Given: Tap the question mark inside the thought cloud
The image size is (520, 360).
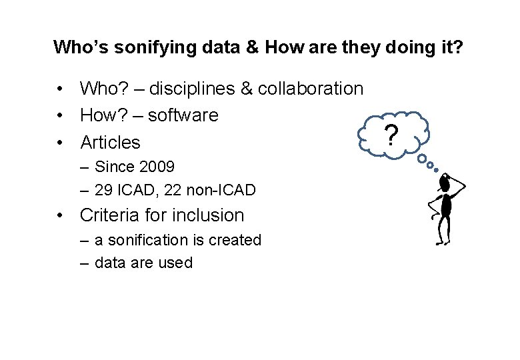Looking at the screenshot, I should pos(392,135).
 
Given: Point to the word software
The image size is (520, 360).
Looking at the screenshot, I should pos(183,115).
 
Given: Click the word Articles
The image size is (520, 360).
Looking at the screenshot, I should pos(110,142).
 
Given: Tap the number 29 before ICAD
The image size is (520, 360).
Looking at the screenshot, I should pos(103,190).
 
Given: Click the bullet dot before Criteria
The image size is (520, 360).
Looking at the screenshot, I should pos(60,215).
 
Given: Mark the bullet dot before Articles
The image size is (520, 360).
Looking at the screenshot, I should pos(60,142).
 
